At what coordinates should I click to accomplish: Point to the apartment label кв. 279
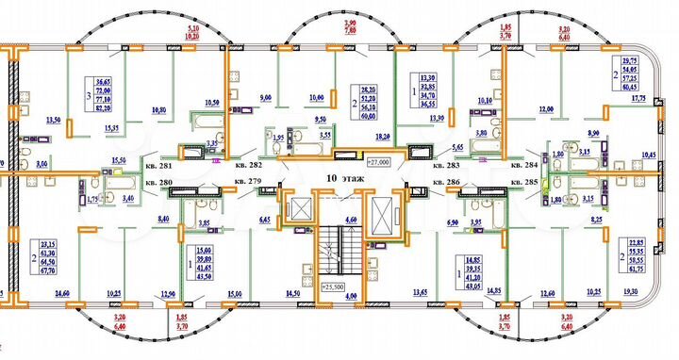tap(248, 180)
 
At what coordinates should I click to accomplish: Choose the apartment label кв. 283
tap(445, 166)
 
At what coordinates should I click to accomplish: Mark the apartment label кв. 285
tap(523, 180)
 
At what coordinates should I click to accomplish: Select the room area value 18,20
tap(384, 138)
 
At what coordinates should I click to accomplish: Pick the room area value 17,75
tap(638, 97)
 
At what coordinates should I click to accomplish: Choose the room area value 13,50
tap(54, 121)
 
